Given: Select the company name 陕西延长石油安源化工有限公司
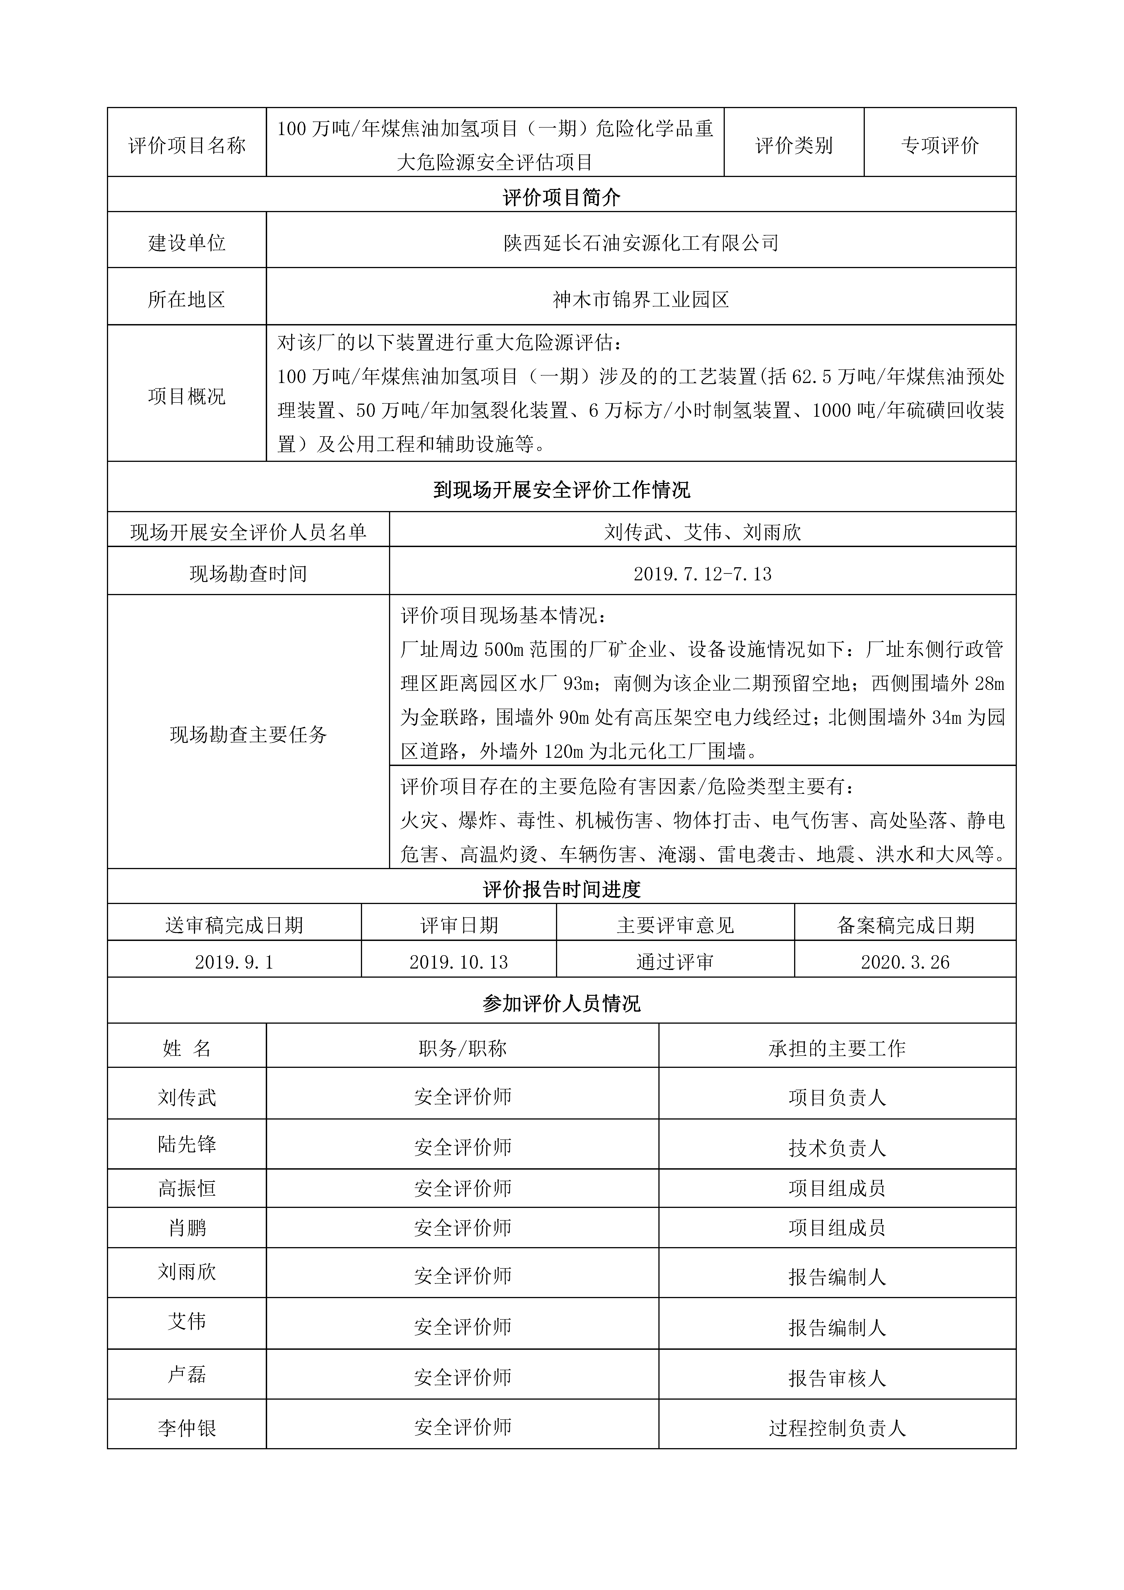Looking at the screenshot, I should pyautogui.click(x=641, y=243).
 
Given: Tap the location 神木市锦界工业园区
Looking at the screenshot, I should pyautogui.click(x=641, y=300).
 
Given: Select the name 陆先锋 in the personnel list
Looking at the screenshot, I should pyautogui.click(x=187, y=1144).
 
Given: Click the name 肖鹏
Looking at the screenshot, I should pyautogui.click(x=187, y=1228).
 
